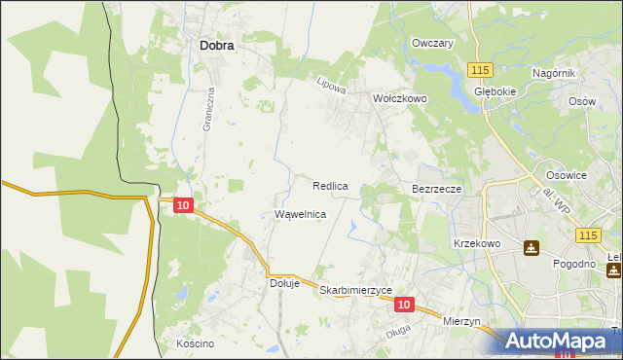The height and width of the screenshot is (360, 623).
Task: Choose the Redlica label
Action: click(x=331, y=185)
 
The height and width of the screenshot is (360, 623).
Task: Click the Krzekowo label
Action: click(x=476, y=243)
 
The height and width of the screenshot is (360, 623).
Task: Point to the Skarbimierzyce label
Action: click(x=355, y=290)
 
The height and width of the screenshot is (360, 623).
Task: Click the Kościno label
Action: click(x=195, y=343)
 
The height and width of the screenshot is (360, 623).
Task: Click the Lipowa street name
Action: click(x=332, y=86)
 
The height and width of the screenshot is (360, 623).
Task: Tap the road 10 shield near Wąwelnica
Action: click(x=184, y=205)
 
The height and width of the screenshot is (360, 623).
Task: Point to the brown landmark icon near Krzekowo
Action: click(x=531, y=249)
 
